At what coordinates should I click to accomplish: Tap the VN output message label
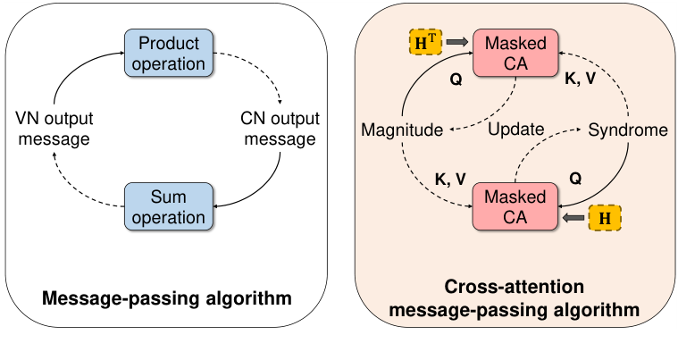[x=54, y=129]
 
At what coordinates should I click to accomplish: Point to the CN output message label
[x=279, y=129]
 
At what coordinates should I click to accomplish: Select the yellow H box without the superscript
[x=604, y=217]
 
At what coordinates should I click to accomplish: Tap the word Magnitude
[x=402, y=130]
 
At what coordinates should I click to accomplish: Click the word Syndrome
[x=627, y=130]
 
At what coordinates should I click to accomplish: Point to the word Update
[x=516, y=130]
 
